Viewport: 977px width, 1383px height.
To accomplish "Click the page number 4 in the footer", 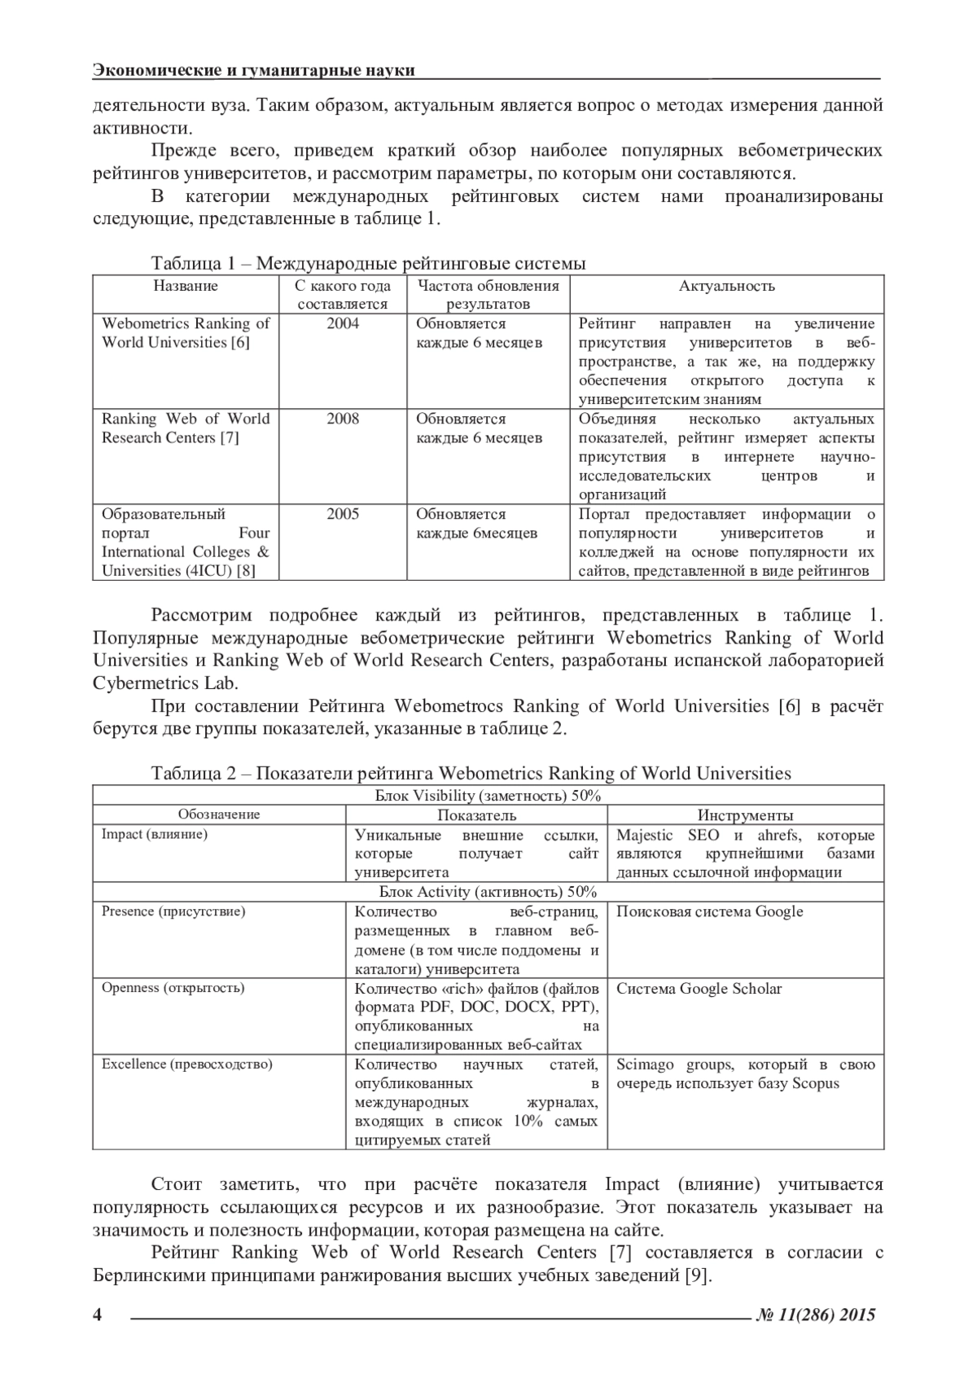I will [x=98, y=1315].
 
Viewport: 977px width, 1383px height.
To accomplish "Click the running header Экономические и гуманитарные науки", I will [x=254, y=70].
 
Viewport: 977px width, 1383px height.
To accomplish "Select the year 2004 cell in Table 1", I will [x=343, y=323].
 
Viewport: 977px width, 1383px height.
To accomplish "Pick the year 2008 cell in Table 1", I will [x=343, y=419].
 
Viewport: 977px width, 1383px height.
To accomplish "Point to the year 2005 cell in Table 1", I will [x=343, y=514].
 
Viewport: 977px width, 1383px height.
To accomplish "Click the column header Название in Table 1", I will [x=186, y=286].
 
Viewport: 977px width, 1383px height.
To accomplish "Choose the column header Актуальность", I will [x=727, y=286].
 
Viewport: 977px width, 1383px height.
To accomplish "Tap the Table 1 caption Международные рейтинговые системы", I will [x=368, y=263].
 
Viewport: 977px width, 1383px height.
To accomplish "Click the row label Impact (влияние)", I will [x=155, y=834].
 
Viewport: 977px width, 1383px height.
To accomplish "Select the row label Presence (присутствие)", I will [x=173, y=911].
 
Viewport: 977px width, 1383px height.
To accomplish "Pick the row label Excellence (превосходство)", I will [x=187, y=1064].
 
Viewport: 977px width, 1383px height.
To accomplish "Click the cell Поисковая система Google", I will [x=709, y=911].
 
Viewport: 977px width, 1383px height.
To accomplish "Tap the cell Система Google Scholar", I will [x=699, y=989].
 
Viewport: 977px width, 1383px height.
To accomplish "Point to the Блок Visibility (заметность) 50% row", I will [x=488, y=796].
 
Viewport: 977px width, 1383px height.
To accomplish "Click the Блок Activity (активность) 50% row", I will [x=488, y=892].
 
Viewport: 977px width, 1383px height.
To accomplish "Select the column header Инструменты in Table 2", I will [x=745, y=815].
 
